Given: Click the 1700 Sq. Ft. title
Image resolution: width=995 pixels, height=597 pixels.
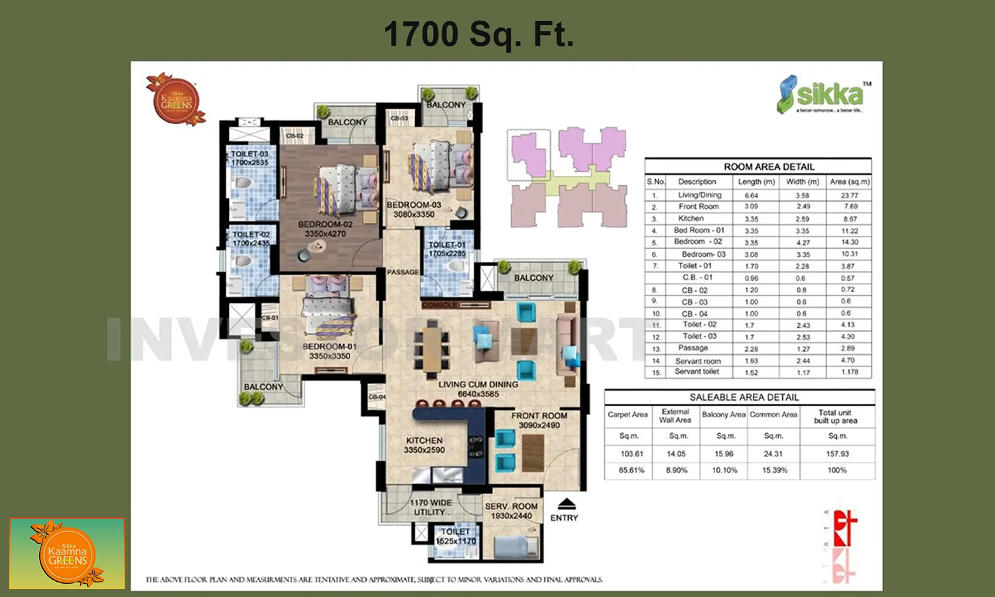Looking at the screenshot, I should [478, 34].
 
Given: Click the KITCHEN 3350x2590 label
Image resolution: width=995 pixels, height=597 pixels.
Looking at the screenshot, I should [425, 445].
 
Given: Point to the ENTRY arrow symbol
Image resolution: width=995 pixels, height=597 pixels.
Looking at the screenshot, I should [566, 503].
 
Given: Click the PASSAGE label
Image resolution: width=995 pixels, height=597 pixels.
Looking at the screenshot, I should [403, 272].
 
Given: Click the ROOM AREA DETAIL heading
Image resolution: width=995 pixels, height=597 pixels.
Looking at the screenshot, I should [769, 166].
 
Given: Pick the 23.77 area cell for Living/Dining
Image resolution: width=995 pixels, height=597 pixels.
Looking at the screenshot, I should [849, 195].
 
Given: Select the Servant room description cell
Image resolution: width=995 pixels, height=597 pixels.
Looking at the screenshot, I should [698, 361].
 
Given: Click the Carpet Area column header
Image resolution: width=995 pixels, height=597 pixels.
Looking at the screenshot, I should [628, 415].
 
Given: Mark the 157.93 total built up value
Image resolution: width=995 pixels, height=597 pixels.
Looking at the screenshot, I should [837, 454].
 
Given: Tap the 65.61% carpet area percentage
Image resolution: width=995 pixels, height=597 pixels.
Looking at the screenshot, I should [631, 470].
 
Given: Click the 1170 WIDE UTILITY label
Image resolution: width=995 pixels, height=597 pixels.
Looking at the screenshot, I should [431, 507].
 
